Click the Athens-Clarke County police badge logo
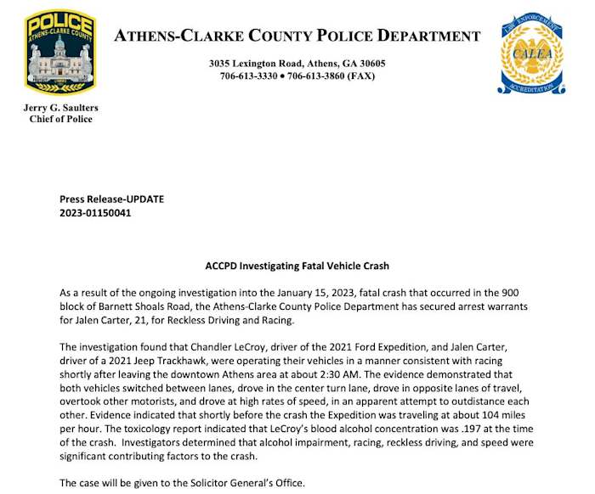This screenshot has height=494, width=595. (x=59, y=53)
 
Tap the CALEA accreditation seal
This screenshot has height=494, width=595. (x=530, y=53)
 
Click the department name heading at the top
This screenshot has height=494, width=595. (x=297, y=36)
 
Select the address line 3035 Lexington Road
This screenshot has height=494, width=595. (x=297, y=64)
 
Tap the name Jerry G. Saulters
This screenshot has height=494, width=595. (x=59, y=107)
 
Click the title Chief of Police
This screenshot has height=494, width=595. (x=59, y=119)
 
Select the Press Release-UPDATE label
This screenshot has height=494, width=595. (x=111, y=199)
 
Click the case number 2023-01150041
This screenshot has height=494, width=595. (x=96, y=212)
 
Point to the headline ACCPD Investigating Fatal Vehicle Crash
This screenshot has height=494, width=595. (x=297, y=266)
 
